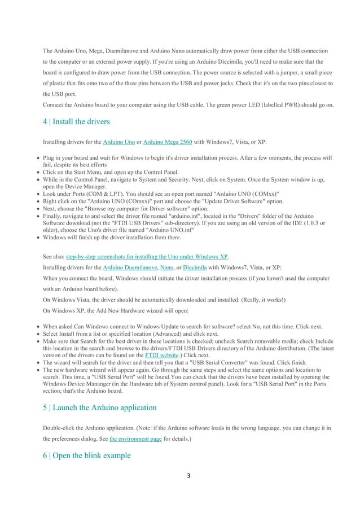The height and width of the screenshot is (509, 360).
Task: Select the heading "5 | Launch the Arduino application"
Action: [x=100, y=406]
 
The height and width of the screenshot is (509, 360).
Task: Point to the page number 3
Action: [x=180, y=489]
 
